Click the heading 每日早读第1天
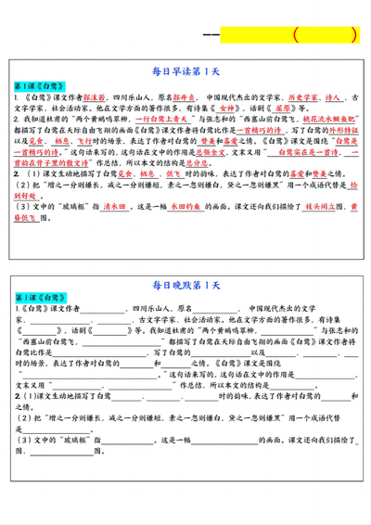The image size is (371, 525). pyautogui.click(x=185, y=70)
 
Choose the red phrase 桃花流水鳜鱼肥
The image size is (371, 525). pyautogui.click(x=321, y=120)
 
